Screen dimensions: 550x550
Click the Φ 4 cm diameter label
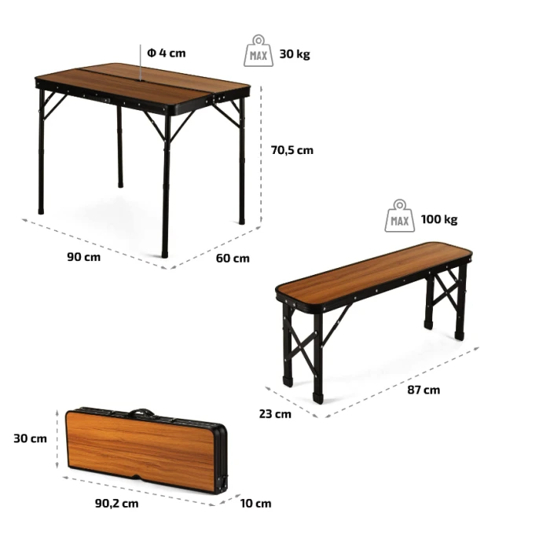(x=167, y=53)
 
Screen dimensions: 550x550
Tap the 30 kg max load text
(x=295, y=54)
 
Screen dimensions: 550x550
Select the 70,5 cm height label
(x=291, y=150)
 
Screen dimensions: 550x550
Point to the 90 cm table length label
(x=84, y=257)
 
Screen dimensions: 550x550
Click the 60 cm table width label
(x=233, y=258)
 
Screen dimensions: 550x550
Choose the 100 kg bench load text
(x=439, y=219)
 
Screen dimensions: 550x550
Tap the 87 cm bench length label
(x=423, y=390)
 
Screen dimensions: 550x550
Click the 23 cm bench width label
(x=275, y=414)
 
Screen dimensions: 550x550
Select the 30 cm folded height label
(x=30, y=438)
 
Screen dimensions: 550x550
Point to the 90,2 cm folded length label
(x=117, y=504)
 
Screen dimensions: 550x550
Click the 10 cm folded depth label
(x=255, y=504)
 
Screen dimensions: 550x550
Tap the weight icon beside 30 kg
(x=258, y=50)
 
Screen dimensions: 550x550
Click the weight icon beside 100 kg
(x=399, y=216)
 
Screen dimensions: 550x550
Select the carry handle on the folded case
(x=141, y=412)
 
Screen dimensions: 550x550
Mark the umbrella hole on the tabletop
(x=141, y=82)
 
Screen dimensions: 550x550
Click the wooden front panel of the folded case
(x=141, y=449)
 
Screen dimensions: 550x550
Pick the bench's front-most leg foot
(x=317, y=398)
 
